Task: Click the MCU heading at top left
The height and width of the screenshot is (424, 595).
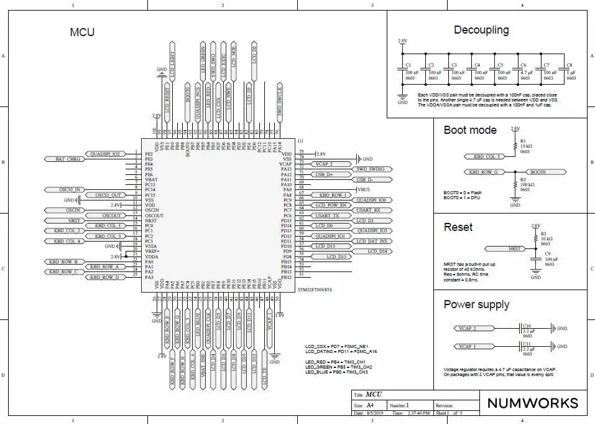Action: (x=82, y=32)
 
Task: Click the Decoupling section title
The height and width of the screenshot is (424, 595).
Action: (x=481, y=30)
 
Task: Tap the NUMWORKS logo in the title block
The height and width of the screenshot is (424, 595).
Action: (x=532, y=403)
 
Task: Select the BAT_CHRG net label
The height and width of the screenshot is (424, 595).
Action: (x=68, y=159)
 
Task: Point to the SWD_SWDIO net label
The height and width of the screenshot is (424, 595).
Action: (x=371, y=169)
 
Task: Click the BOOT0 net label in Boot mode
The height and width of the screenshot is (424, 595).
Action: (x=538, y=172)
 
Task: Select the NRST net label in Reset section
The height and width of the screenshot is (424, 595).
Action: (x=515, y=248)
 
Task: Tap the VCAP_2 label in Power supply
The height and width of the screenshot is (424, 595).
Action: (x=467, y=328)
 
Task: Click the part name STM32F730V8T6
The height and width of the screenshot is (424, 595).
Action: (x=315, y=290)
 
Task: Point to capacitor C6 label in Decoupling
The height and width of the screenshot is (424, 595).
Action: (x=523, y=65)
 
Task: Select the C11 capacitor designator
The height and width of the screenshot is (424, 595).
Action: (x=527, y=343)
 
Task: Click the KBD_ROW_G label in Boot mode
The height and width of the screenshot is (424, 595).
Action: (x=482, y=172)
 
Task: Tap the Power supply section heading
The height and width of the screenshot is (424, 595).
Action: (x=476, y=304)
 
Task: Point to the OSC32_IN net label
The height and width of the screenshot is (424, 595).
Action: (x=70, y=189)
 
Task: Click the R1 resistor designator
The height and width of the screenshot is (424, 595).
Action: (x=523, y=141)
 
